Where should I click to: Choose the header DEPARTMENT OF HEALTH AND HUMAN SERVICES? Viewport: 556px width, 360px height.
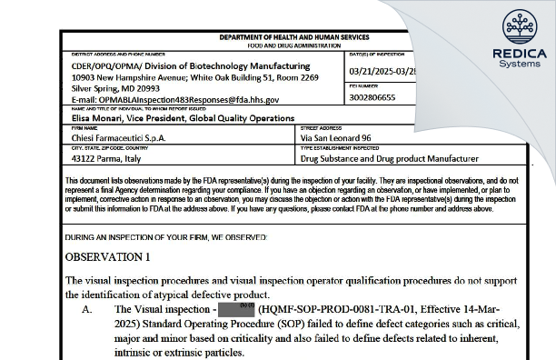point(294,37)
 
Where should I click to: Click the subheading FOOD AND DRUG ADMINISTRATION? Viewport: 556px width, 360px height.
point(294,45)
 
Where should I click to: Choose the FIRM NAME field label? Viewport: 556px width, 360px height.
point(83,128)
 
